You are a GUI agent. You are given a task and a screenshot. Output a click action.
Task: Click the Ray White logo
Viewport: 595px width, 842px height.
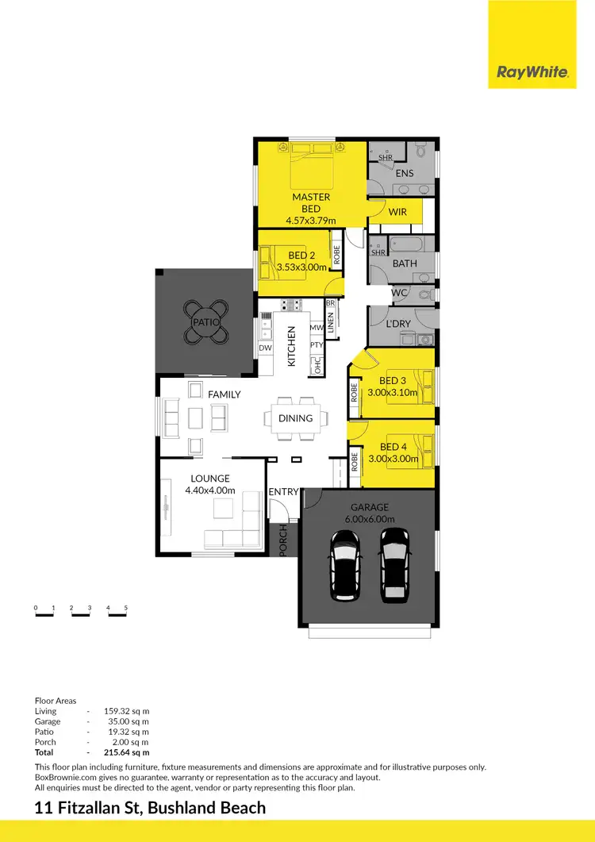coord(532,72)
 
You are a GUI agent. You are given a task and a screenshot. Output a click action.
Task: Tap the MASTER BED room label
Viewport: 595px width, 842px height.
coord(311,202)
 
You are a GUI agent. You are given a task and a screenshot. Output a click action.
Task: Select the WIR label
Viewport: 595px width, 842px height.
coord(397,211)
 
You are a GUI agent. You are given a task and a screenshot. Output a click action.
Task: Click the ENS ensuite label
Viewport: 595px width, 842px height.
coord(405,173)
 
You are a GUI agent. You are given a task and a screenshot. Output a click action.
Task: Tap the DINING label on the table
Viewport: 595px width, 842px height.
coord(295,418)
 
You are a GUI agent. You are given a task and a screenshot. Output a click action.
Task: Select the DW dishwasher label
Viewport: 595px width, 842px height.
coord(264,348)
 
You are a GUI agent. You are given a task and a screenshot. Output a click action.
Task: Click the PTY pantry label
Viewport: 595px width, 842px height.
coord(317,345)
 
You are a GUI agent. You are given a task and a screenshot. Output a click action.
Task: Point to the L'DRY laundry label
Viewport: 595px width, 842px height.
coord(398,324)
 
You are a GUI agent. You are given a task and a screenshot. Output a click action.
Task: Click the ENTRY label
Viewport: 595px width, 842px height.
coord(283,492)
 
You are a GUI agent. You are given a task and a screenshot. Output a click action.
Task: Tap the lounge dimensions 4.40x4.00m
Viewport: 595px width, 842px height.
coord(210,490)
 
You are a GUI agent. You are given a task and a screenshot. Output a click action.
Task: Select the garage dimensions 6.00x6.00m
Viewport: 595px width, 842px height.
coord(370,518)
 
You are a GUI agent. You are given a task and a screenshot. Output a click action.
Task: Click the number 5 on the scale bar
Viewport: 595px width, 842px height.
coord(126,608)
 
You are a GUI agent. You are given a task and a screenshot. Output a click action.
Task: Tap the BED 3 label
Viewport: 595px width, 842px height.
coord(393,380)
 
